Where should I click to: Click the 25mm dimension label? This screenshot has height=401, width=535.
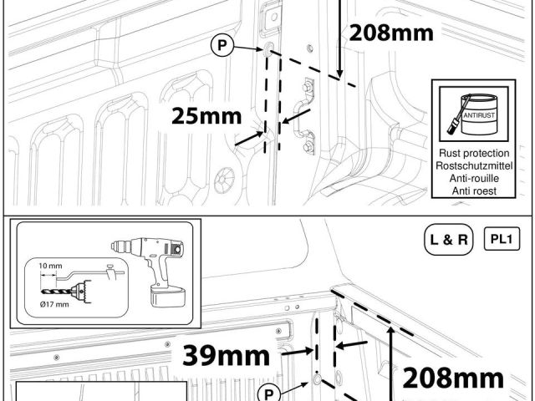[x=206, y=116]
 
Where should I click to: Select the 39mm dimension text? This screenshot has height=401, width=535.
[x=226, y=355]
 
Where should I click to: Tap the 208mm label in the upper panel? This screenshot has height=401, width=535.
[x=391, y=33]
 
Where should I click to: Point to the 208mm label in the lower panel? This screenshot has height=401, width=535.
[x=453, y=378]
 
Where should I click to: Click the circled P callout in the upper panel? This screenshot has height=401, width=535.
[x=222, y=45]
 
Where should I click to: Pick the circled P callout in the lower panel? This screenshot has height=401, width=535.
[x=269, y=393]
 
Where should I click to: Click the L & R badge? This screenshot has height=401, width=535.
[x=448, y=240]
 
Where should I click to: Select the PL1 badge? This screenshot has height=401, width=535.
[x=502, y=239]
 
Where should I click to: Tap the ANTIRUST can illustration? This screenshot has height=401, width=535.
[x=474, y=114]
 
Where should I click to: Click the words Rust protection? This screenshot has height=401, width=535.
[x=474, y=153]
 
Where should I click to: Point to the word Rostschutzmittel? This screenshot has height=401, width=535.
[x=474, y=165]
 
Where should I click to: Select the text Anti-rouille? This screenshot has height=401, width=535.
[x=474, y=178]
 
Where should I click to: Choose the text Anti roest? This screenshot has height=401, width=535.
[x=474, y=191]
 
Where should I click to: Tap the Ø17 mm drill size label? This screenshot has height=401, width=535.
[x=54, y=304]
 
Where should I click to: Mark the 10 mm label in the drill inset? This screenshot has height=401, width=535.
[x=50, y=266]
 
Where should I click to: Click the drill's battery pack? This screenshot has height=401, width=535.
[x=168, y=297]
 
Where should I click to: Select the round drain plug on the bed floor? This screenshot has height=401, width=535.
[x=224, y=180]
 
